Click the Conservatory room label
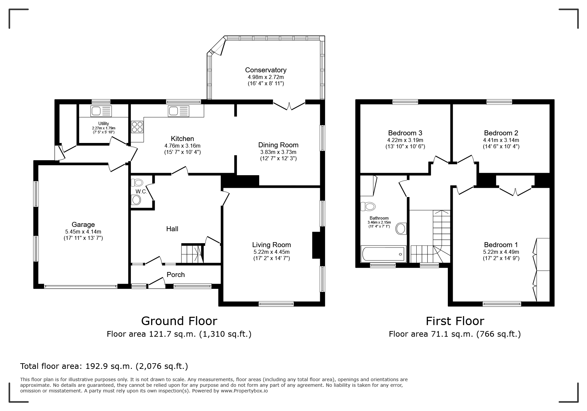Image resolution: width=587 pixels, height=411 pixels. pos(265,70)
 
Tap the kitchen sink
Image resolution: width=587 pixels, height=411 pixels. pos(179,111)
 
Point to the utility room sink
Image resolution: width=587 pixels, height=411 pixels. pos(101,111)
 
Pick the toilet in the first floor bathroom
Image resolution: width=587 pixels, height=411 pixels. pos(368,206)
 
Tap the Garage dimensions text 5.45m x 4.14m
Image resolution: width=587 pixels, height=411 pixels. pos(83,232)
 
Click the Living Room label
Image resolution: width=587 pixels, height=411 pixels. pos(271,245)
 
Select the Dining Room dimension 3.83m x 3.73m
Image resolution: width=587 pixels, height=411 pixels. pos(278,152)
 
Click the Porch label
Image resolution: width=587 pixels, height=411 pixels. pos(176,275)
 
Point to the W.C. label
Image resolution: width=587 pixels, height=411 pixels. pos(141,192)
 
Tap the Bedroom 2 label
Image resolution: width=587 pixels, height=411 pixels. pos(501,133)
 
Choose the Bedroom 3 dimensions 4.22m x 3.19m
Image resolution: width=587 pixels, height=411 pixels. pos(405,140)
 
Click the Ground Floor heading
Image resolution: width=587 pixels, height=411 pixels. pos(179,321)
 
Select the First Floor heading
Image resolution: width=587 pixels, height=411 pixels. pos(455,321)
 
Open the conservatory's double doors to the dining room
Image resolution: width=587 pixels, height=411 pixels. pos(289,105)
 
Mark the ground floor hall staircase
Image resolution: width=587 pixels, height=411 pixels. pos(192,253)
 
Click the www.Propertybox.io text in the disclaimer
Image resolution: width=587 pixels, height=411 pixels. pos(244,391)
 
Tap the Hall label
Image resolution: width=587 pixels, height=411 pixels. pos(172,229)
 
